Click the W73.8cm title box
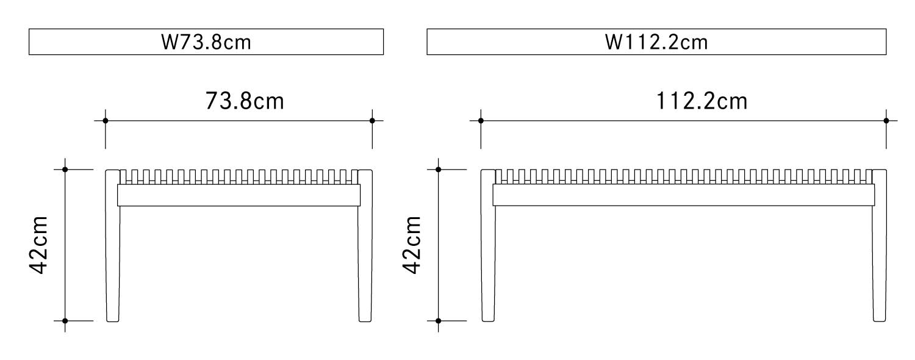[206, 42]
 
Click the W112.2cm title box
[656, 42]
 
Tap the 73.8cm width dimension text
[245, 101]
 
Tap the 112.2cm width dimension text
[701, 101]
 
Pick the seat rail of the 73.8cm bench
[239, 195]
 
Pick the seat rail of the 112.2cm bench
[683, 195]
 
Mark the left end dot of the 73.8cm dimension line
[106, 121]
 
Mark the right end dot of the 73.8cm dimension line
[372, 121]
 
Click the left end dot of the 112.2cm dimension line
[481, 121]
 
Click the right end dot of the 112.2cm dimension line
[886, 121]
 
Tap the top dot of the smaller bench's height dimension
[65, 169]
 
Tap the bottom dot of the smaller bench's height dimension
[65, 320]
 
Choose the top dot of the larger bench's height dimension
[439, 169]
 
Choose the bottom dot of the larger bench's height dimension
[439, 320]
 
